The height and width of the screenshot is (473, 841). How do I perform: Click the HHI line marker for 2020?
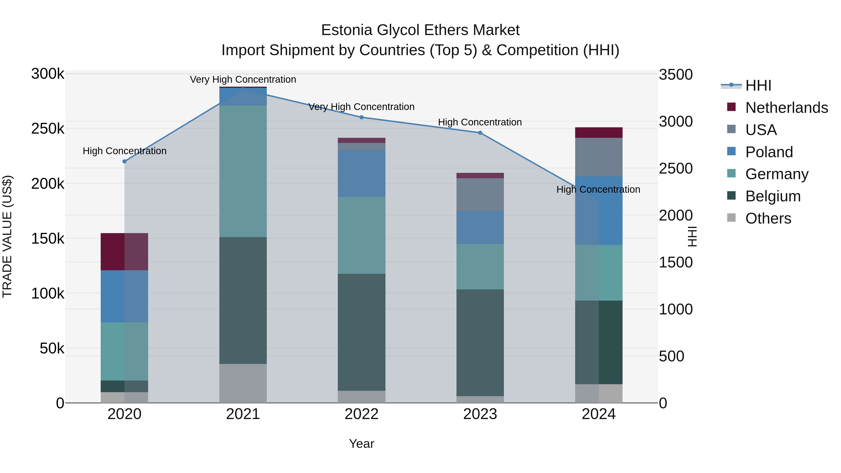click(x=124, y=161)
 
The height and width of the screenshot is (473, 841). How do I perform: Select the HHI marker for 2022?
click(x=361, y=117)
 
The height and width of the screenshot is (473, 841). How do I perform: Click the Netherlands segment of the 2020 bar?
click(x=124, y=252)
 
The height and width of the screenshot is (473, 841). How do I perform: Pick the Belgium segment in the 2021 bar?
click(x=243, y=300)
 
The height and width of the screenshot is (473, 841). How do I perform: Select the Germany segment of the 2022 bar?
click(x=361, y=235)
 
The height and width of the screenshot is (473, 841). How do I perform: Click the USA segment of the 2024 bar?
click(x=599, y=157)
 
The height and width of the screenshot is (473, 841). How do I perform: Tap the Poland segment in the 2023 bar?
click(x=480, y=227)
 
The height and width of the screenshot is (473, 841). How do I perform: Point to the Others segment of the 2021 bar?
click(x=243, y=383)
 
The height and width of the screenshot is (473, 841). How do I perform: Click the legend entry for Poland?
click(x=769, y=152)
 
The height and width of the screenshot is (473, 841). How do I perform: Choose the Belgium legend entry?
click(x=773, y=196)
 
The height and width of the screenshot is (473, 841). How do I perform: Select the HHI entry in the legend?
click(x=758, y=85)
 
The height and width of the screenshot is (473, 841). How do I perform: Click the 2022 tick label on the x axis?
click(x=361, y=414)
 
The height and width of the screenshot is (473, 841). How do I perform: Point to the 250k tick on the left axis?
click(x=48, y=129)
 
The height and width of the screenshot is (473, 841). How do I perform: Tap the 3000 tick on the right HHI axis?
click(x=675, y=122)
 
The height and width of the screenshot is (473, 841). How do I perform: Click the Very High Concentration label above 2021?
click(x=243, y=79)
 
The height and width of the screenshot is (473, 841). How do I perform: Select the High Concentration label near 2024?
click(x=598, y=189)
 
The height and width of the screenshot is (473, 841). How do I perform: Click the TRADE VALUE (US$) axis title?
click(x=7, y=236)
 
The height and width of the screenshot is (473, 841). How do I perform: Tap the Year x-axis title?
click(x=361, y=444)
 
